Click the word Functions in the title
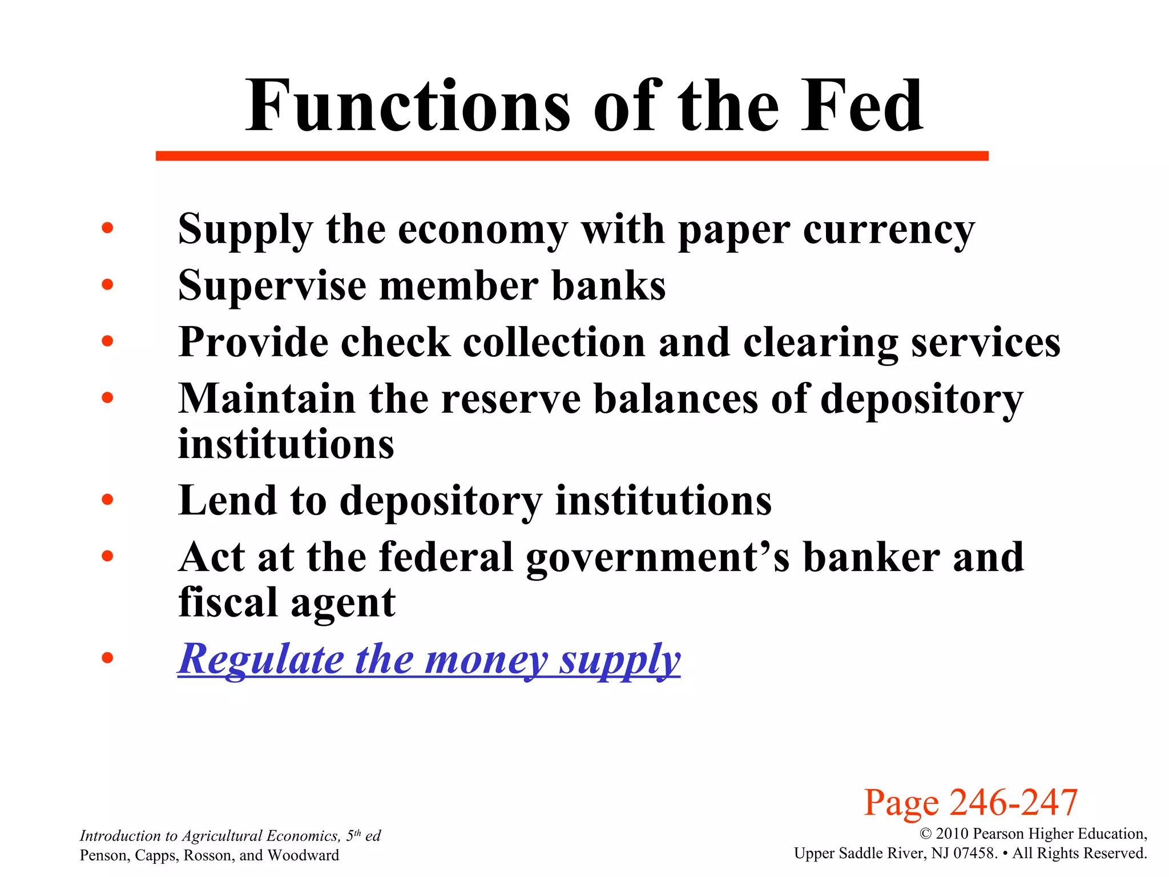[x=408, y=107]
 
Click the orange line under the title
[x=572, y=156]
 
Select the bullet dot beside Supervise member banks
[x=107, y=284]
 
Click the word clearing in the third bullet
[x=820, y=343]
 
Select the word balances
[x=676, y=399]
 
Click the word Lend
[x=227, y=501]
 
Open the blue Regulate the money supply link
[x=429, y=659]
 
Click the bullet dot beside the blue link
[x=107, y=658]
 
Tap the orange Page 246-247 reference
[x=970, y=802]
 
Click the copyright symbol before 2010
[x=925, y=834]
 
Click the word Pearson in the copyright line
[x=995, y=834]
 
